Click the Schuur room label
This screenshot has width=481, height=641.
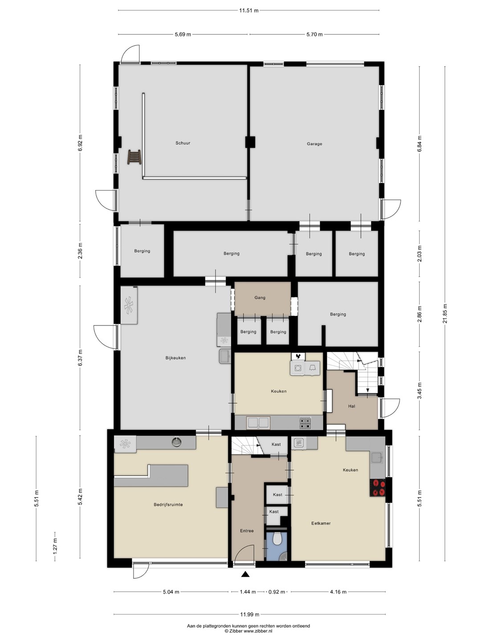pyautogui.click(x=183, y=143)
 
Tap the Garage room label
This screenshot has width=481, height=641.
pyautogui.click(x=314, y=144)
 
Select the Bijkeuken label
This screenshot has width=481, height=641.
pyautogui.click(x=175, y=358)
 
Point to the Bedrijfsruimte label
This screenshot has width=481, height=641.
pyautogui.click(x=168, y=505)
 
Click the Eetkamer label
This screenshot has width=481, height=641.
pyautogui.click(x=321, y=523)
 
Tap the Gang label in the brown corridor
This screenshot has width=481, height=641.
pyautogui.click(x=260, y=298)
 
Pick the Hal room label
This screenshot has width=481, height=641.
pyautogui.click(x=352, y=406)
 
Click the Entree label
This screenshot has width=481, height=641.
pyautogui.click(x=247, y=531)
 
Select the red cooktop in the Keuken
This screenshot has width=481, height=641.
pyautogui.click(x=378, y=488)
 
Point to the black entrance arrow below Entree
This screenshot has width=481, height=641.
pyautogui.click(x=245, y=574)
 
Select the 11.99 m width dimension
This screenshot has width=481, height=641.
pyautogui.click(x=250, y=614)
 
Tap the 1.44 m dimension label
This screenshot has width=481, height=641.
pyautogui.click(x=248, y=592)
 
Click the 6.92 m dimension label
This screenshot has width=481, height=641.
pyautogui.click(x=81, y=142)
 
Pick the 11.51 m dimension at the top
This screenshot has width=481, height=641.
pyautogui.click(x=249, y=11)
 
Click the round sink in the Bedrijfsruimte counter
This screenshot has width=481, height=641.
pyautogui.click(x=175, y=442)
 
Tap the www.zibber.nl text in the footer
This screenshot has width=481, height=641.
pyautogui.click(x=258, y=630)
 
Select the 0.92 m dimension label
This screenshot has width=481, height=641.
pyautogui.click(x=277, y=592)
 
